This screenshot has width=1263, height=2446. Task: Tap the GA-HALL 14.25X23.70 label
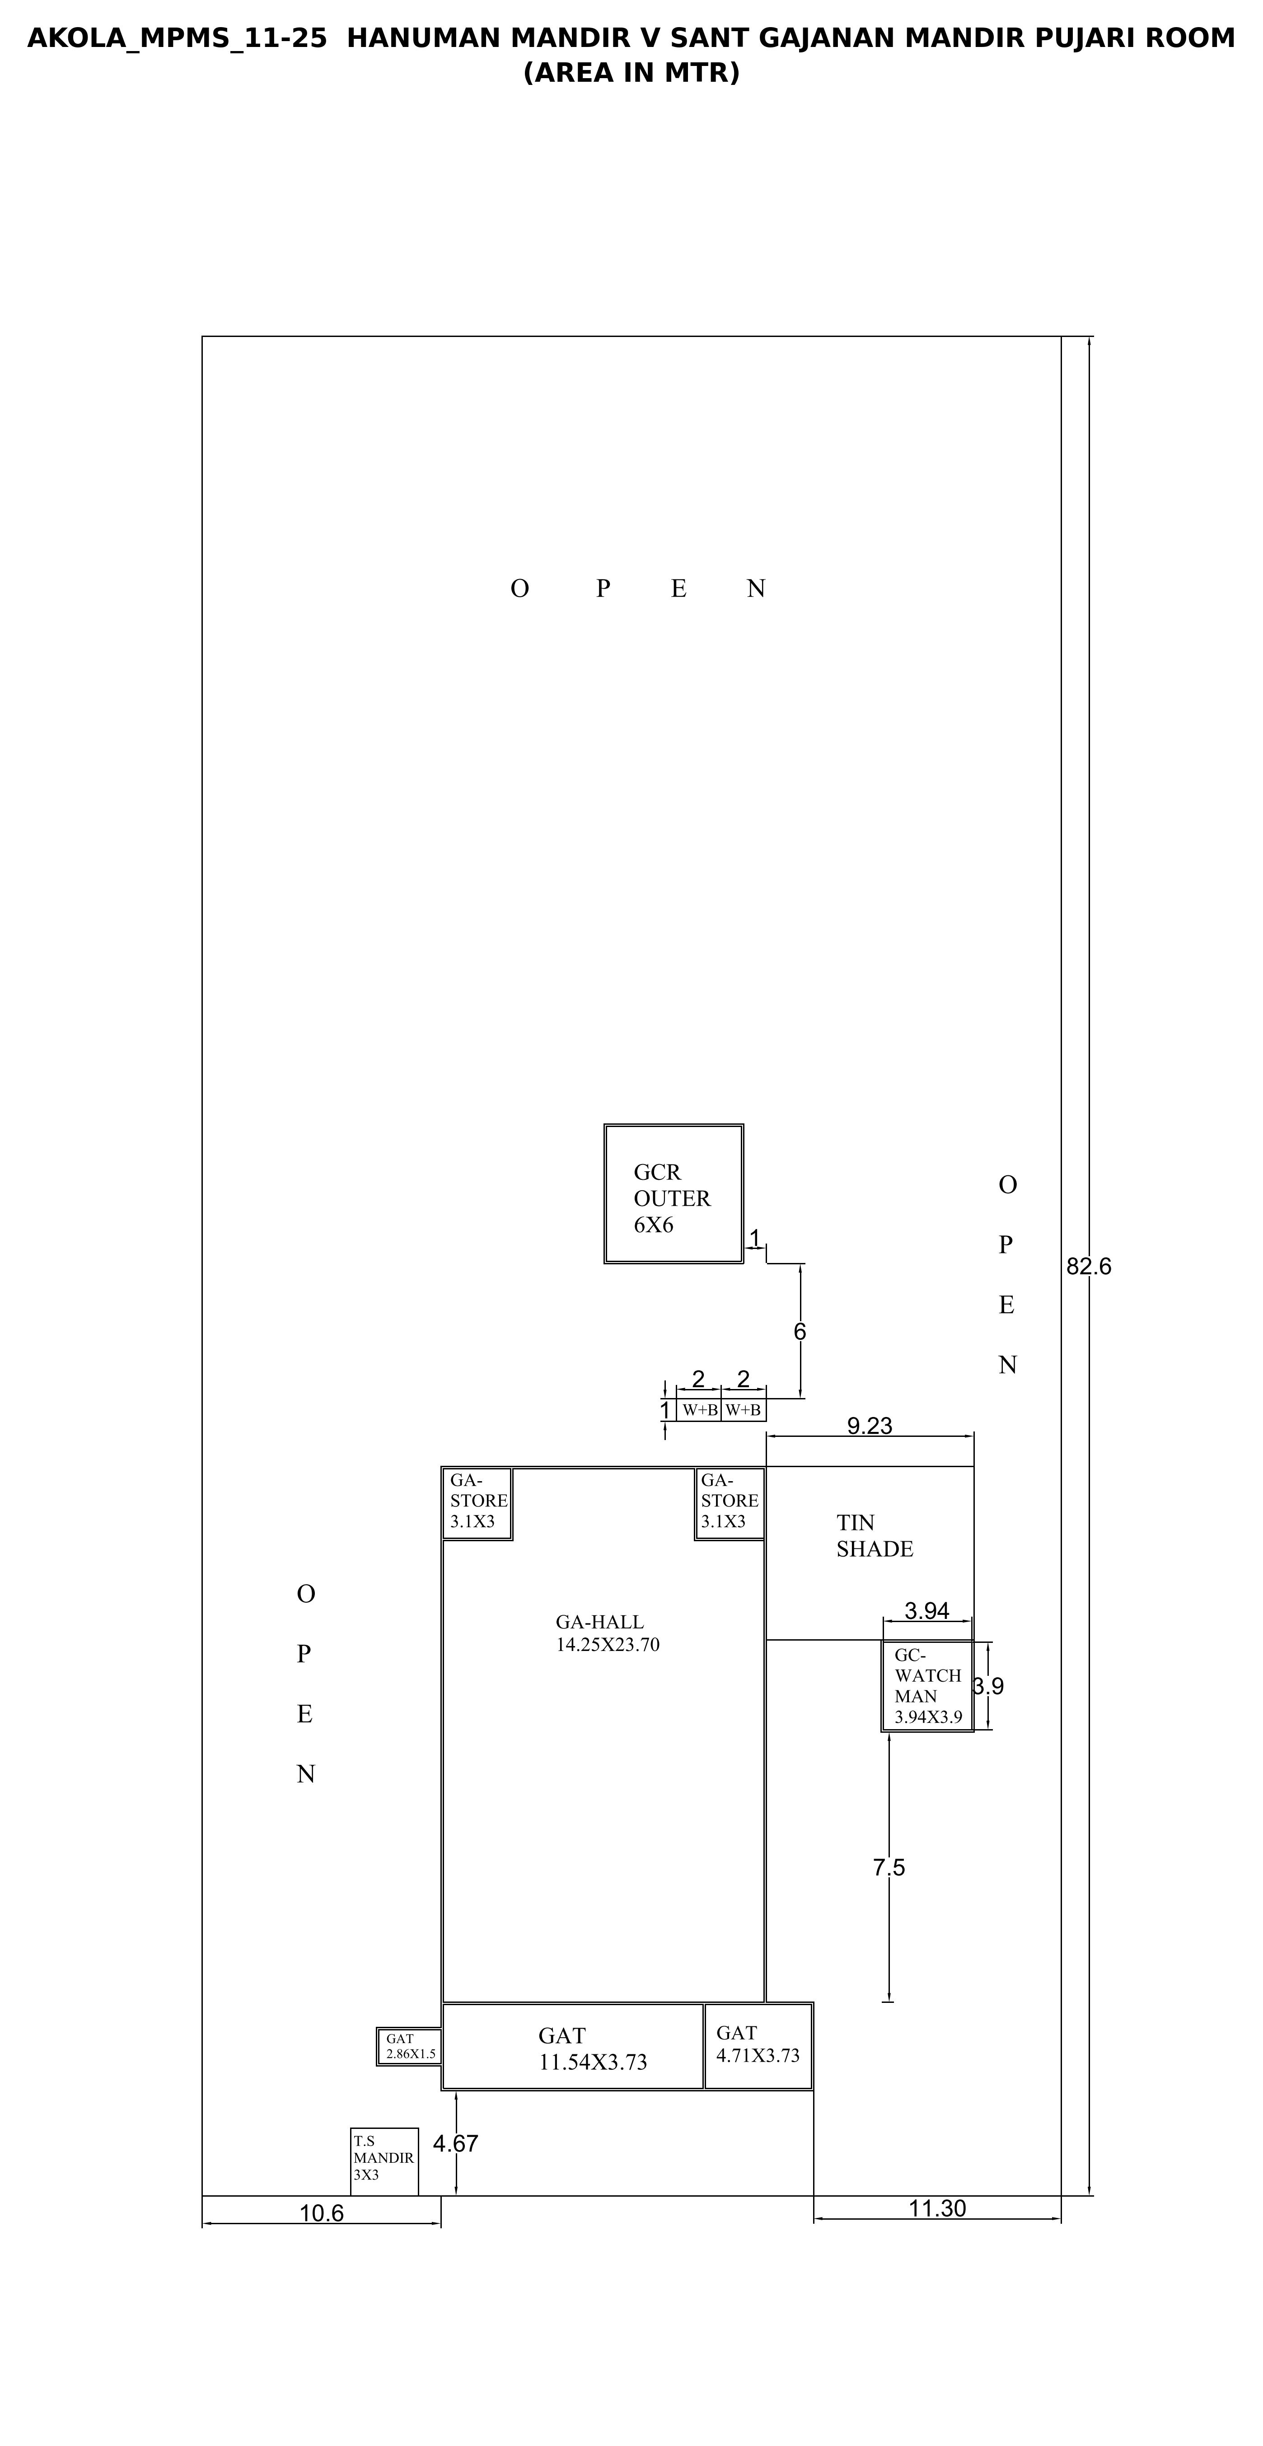point(608,1633)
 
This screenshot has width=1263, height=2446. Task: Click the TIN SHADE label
point(875,1535)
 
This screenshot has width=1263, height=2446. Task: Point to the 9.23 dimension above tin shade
point(870,1425)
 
